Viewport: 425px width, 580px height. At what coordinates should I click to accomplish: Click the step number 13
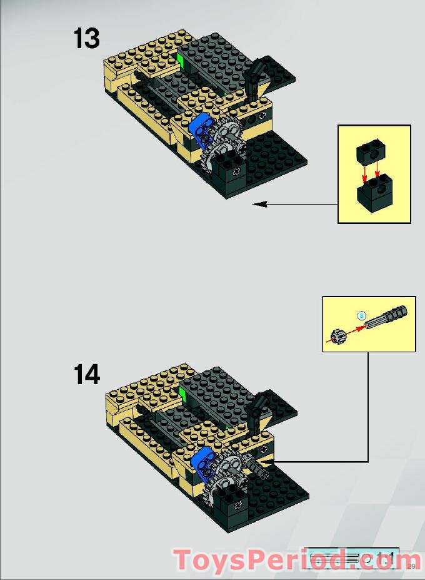click(87, 38)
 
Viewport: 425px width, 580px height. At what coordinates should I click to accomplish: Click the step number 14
click(87, 375)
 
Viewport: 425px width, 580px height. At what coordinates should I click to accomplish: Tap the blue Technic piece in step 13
click(201, 130)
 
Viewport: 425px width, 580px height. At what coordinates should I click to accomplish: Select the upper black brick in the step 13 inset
click(369, 153)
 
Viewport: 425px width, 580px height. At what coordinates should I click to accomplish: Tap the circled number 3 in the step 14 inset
click(360, 315)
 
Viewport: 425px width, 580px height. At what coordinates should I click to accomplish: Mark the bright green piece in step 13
click(179, 59)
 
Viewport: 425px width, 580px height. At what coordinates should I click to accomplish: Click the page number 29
click(411, 566)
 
